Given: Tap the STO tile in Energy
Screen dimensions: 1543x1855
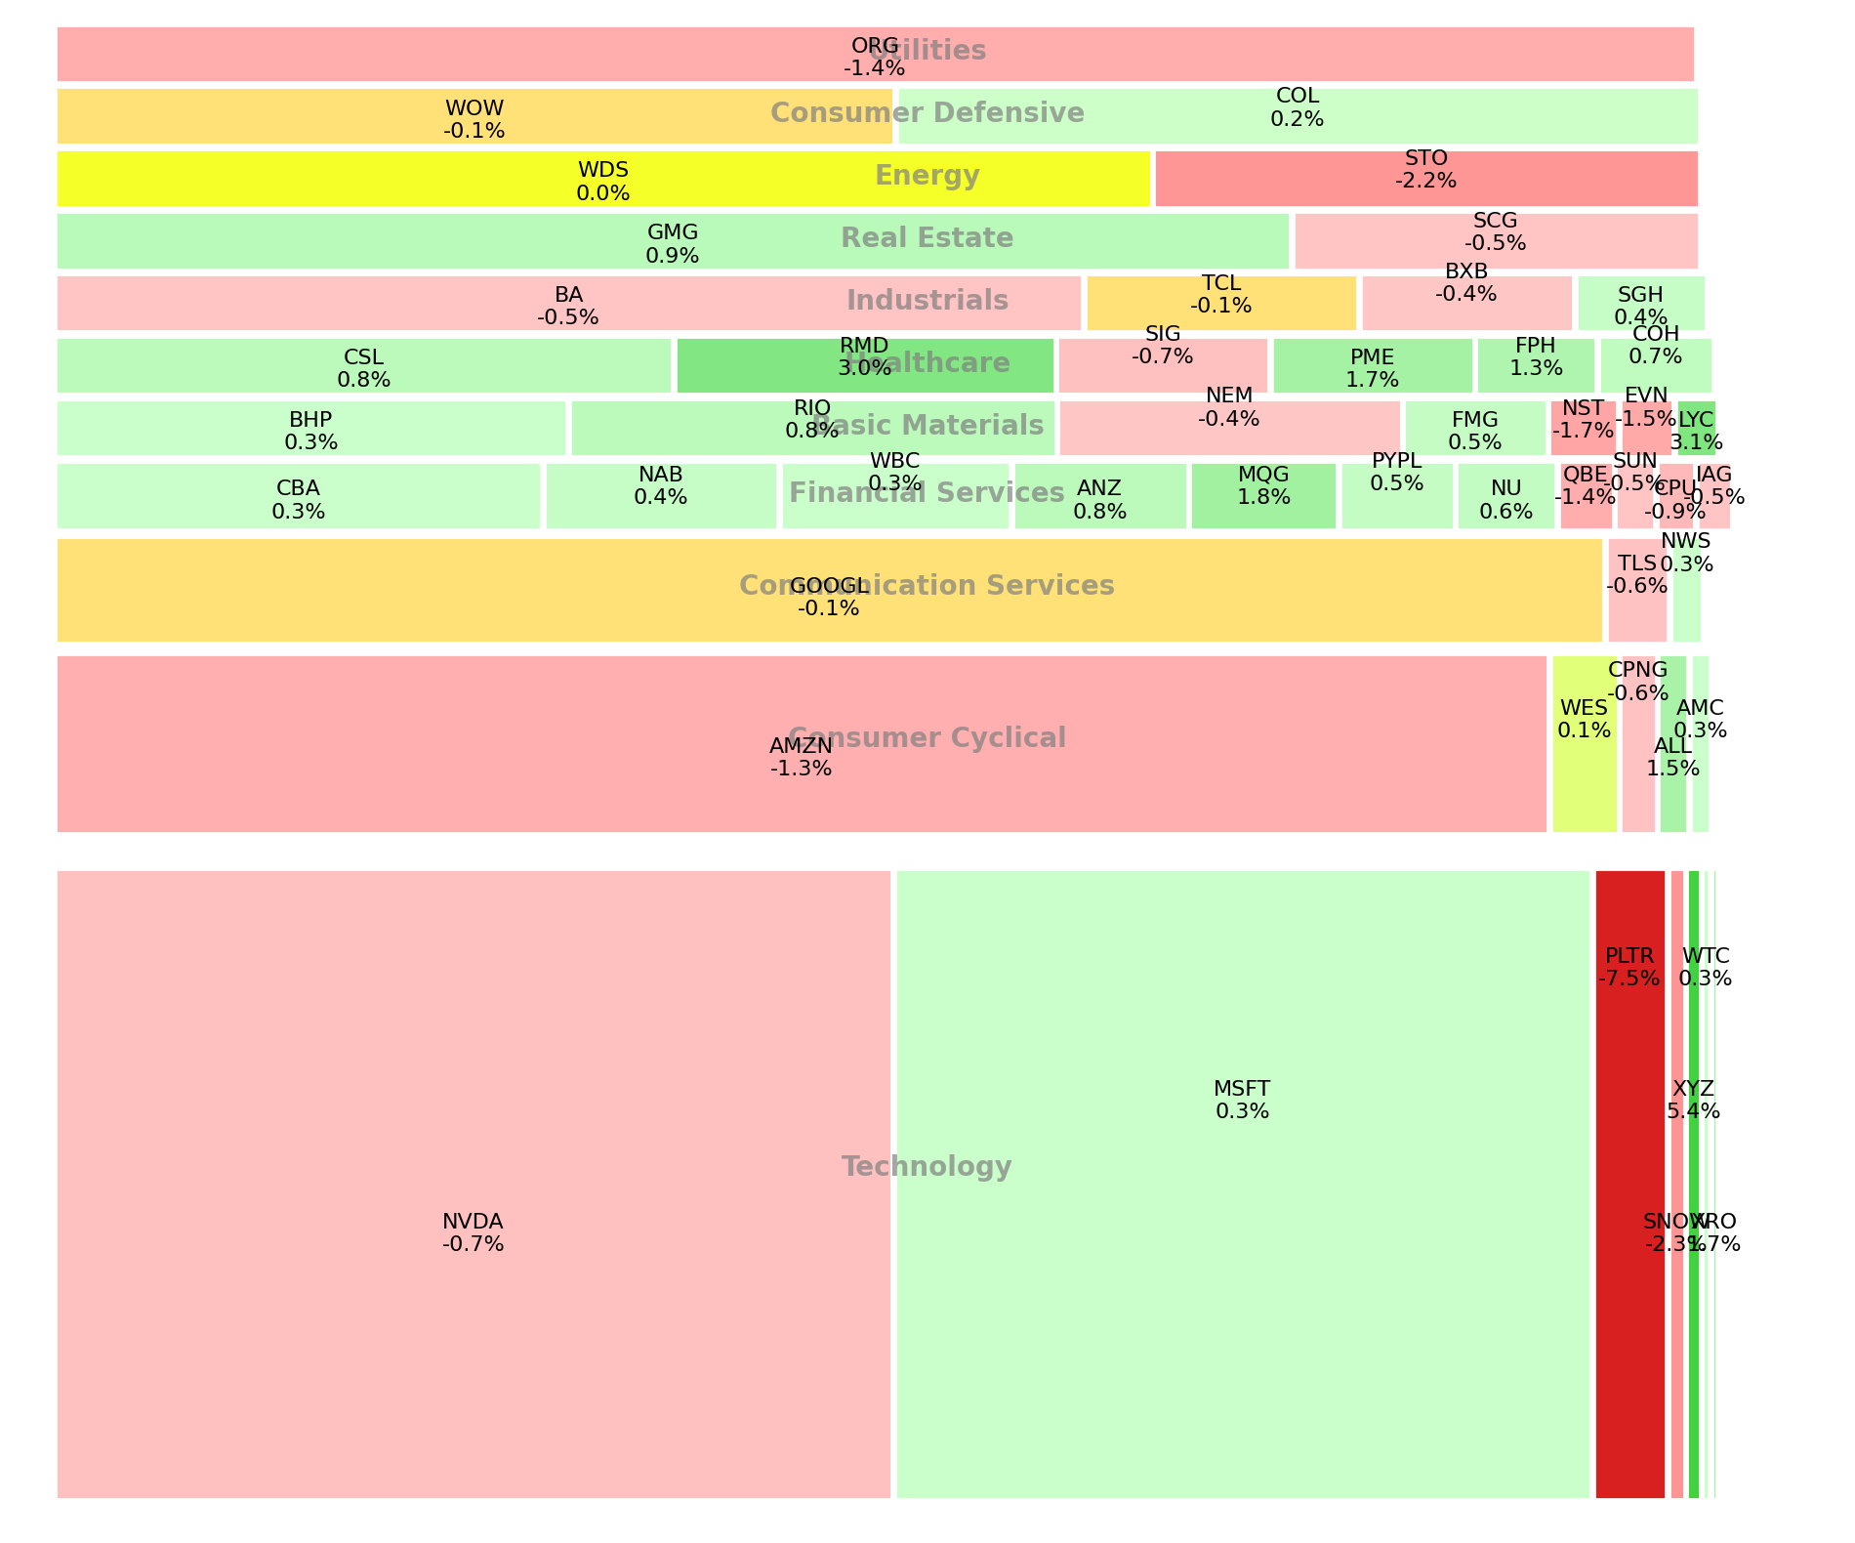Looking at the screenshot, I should [1425, 179].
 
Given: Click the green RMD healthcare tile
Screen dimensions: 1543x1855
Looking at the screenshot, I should [865, 365].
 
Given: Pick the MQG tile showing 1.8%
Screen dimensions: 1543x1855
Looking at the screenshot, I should [1262, 496].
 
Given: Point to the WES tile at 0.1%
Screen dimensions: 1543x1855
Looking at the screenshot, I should [1584, 744].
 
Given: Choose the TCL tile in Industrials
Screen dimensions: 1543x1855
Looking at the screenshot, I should [1220, 303].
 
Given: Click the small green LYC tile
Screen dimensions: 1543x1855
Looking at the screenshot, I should [1696, 428].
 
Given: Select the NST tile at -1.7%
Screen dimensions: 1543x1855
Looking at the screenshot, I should [1583, 428].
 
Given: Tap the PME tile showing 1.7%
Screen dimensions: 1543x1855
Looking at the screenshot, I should [1372, 365].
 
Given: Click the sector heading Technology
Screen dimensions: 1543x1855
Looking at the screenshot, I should [927, 1167].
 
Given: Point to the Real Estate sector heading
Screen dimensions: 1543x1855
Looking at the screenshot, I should [927, 238].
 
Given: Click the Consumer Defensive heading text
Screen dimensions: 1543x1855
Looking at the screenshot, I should [927, 113].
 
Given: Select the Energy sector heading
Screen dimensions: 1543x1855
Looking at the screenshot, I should [927, 176].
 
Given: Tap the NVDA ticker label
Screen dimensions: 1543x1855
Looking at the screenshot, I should [473, 1222].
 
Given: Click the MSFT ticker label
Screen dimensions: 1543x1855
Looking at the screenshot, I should [1242, 1089].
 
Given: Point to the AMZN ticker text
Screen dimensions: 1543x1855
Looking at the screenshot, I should [801, 746].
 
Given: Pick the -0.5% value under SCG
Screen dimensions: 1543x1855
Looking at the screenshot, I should [1495, 243].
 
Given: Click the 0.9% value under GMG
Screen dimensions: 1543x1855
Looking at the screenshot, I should [673, 256].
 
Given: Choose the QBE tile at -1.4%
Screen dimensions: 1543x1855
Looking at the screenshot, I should [1586, 496].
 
